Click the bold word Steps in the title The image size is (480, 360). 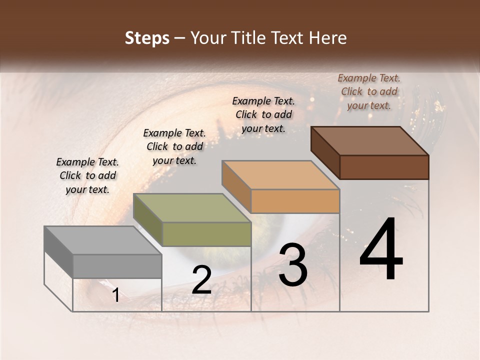click(x=147, y=38)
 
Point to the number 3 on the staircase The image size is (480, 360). click(x=292, y=265)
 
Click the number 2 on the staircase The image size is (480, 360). click(x=201, y=280)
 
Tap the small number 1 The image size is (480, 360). click(x=115, y=295)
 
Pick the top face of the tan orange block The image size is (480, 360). click(x=280, y=175)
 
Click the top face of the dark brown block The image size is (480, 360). click(x=369, y=141)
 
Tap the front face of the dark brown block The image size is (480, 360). click(x=384, y=167)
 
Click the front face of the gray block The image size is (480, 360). click(x=117, y=266)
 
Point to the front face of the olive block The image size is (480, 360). click(x=206, y=234)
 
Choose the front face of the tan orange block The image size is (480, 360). click(x=295, y=201)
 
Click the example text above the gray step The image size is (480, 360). click(x=87, y=175)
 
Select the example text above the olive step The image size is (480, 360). click(x=174, y=146)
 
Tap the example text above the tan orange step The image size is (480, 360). click(x=263, y=114)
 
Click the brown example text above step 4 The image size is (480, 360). click(x=369, y=91)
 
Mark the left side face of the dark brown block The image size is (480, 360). click(x=325, y=152)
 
